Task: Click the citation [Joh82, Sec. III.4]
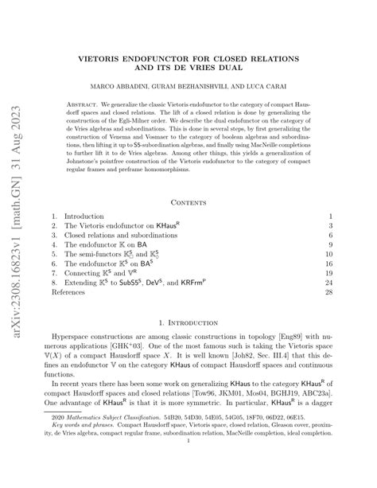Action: [271, 361]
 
